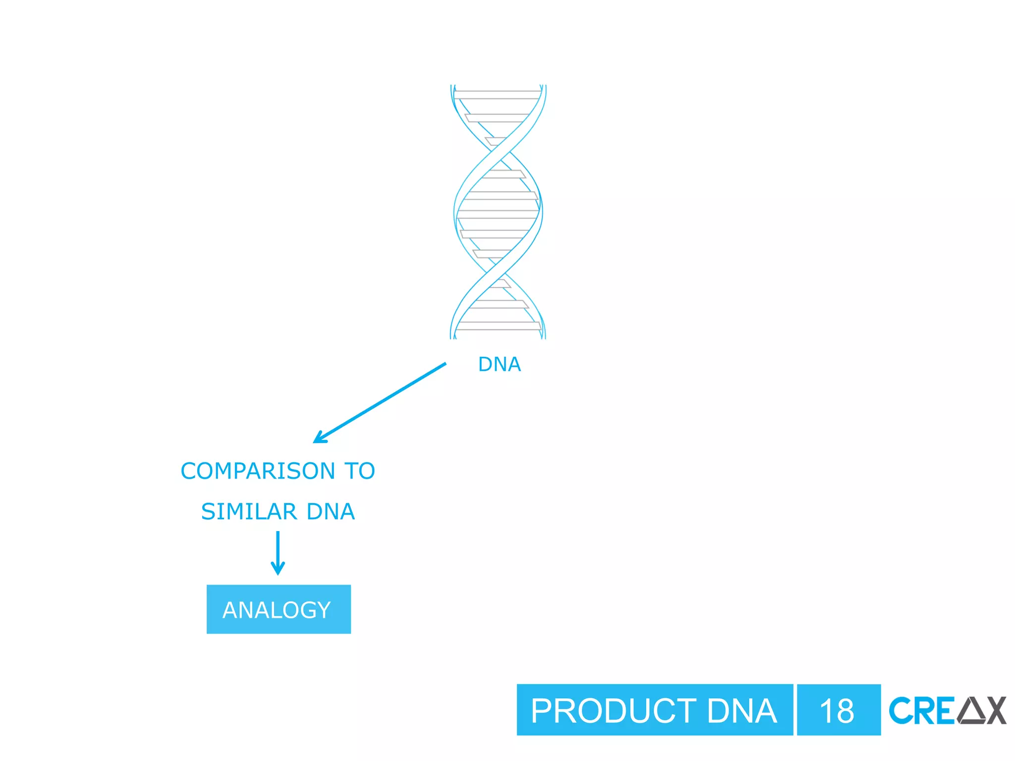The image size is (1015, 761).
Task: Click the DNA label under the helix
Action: point(499,365)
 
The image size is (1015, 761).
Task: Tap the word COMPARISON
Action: point(258,471)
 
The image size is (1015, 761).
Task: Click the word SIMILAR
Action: point(249,512)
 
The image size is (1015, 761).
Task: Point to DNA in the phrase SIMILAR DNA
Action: point(331,512)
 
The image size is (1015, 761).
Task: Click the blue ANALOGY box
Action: point(279,609)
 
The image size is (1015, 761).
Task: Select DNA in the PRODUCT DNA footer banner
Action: point(742,711)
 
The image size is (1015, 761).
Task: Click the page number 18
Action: point(837,711)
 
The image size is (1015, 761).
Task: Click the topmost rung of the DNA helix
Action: point(498,95)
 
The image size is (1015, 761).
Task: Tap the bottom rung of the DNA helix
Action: point(498,326)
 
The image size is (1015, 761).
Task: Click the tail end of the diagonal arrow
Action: point(444,364)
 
